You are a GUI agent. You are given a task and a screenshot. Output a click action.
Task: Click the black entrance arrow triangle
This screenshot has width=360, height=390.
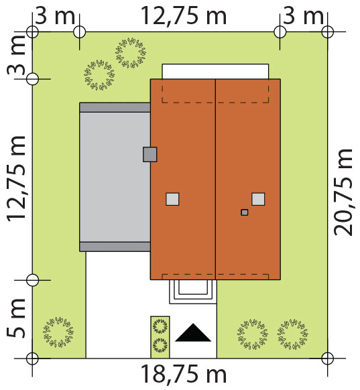(x=193, y=333)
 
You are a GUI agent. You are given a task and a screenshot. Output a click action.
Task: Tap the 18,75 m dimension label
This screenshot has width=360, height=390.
(x=184, y=375)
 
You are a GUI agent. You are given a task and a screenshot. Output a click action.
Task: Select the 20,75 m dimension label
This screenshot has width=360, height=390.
(x=343, y=192)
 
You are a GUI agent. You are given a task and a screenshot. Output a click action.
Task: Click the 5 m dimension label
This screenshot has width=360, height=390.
(x=16, y=318)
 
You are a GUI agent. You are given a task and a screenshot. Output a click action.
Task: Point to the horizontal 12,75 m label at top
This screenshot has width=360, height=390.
(x=184, y=16)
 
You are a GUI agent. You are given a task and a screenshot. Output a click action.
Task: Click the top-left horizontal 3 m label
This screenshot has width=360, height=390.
(x=55, y=16)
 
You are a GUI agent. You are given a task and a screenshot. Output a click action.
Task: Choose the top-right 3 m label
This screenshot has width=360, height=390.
(x=304, y=16)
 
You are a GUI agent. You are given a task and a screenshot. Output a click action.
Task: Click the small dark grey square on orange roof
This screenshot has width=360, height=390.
(x=245, y=212)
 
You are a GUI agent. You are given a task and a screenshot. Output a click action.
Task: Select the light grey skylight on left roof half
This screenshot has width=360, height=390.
(x=172, y=199)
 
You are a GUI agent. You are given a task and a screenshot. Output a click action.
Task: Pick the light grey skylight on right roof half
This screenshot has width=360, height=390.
(x=258, y=199)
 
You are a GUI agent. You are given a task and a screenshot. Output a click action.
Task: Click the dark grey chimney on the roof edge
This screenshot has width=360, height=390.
(x=149, y=154)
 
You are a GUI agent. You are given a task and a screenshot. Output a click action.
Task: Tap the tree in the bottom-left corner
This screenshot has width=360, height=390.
(x=58, y=332)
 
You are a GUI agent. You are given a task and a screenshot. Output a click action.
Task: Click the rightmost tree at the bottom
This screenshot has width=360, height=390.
(x=292, y=334)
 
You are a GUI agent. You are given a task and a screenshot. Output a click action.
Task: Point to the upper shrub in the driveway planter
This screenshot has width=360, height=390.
(x=160, y=326)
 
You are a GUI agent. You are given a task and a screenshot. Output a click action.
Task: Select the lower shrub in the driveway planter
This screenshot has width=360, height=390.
(x=160, y=345)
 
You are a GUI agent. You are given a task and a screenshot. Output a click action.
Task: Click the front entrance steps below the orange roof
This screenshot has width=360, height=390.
(x=193, y=291)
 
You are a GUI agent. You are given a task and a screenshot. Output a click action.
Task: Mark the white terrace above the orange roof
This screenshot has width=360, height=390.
(x=215, y=72)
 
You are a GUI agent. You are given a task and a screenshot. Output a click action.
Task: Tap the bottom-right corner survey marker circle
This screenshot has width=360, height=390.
(x=327, y=359)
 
